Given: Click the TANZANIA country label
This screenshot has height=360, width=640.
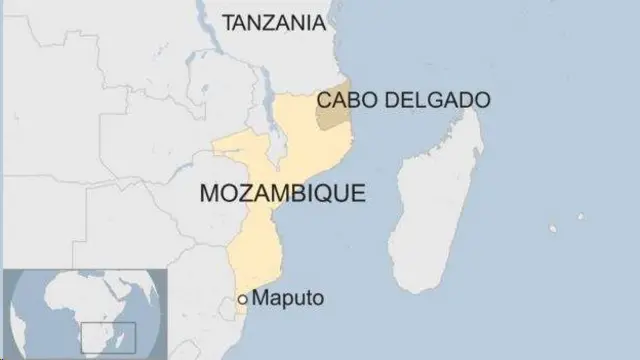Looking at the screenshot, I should click(274, 21).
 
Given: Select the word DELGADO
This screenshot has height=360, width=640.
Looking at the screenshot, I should click(442, 100).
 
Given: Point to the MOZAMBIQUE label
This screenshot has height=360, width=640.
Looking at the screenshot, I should click(283, 192).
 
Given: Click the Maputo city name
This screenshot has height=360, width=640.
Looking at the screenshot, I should click(288, 298).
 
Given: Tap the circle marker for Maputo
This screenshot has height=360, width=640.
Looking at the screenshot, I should click(243, 299).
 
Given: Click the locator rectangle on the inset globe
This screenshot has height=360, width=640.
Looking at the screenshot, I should click(99, 335).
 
